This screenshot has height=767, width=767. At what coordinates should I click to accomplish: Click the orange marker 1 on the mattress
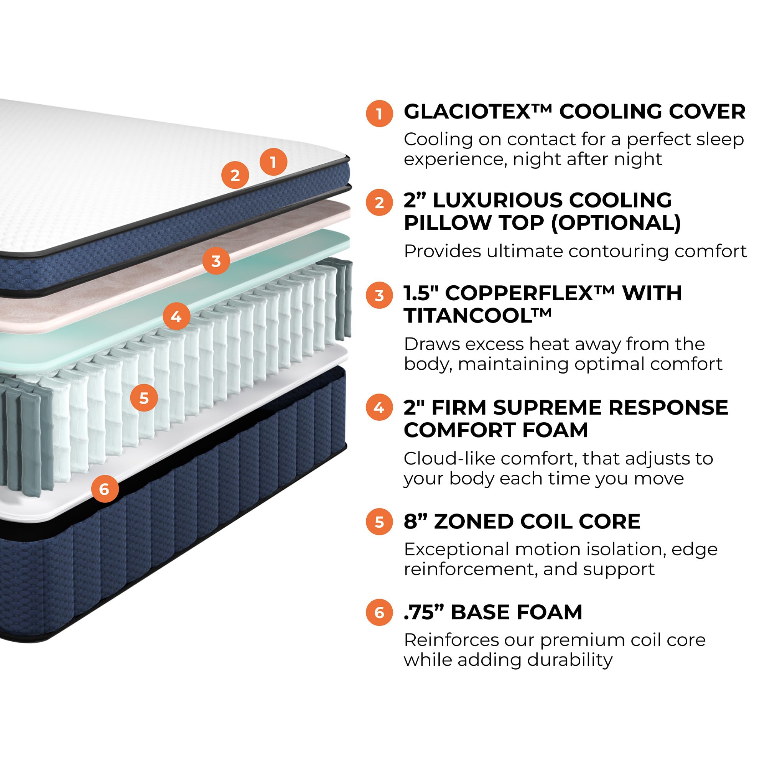pyautogui.click(x=273, y=162)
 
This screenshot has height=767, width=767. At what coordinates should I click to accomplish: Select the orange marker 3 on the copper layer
pyautogui.click(x=216, y=261)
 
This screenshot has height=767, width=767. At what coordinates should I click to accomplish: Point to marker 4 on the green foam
pyautogui.click(x=176, y=316)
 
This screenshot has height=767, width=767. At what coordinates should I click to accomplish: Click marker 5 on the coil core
pyautogui.click(x=144, y=398)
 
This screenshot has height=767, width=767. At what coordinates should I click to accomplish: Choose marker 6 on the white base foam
pyautogui.click(x=104, y=489)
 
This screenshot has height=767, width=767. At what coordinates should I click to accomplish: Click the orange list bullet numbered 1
pyautogui.click(x=379, y=114)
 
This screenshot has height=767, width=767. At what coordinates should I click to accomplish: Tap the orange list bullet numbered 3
pyautogui.click(x=379, y=295)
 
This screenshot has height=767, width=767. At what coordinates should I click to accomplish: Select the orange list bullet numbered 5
pyautogui.click(x=379, y=522)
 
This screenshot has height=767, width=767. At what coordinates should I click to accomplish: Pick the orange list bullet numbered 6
pyautogui.click(x=379, y=612)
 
